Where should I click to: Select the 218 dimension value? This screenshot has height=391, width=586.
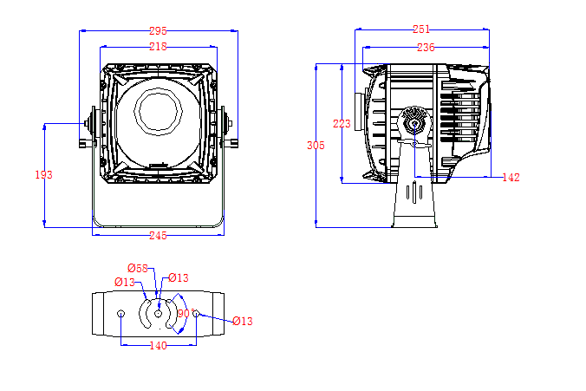pos(157,46)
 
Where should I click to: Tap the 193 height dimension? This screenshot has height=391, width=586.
pos(43,174)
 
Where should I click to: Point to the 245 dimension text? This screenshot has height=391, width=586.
pos(157,235)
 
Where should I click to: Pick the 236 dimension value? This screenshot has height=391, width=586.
pos(425,48)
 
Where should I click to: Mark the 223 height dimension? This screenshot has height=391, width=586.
pos(342,124)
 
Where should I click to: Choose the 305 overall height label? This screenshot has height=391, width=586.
pos(316,146)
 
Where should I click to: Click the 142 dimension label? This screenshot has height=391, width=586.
pos(511,178)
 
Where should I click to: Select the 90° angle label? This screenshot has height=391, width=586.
pos(184,313)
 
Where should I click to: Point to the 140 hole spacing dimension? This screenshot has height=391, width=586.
pos(158,346)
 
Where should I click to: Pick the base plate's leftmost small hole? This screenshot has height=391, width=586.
pos(121,313)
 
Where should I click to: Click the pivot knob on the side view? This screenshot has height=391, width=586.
pos(414,121)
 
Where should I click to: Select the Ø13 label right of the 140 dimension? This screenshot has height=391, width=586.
pos(242,322)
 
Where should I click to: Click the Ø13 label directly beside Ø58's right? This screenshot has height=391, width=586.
pos(178,277)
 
